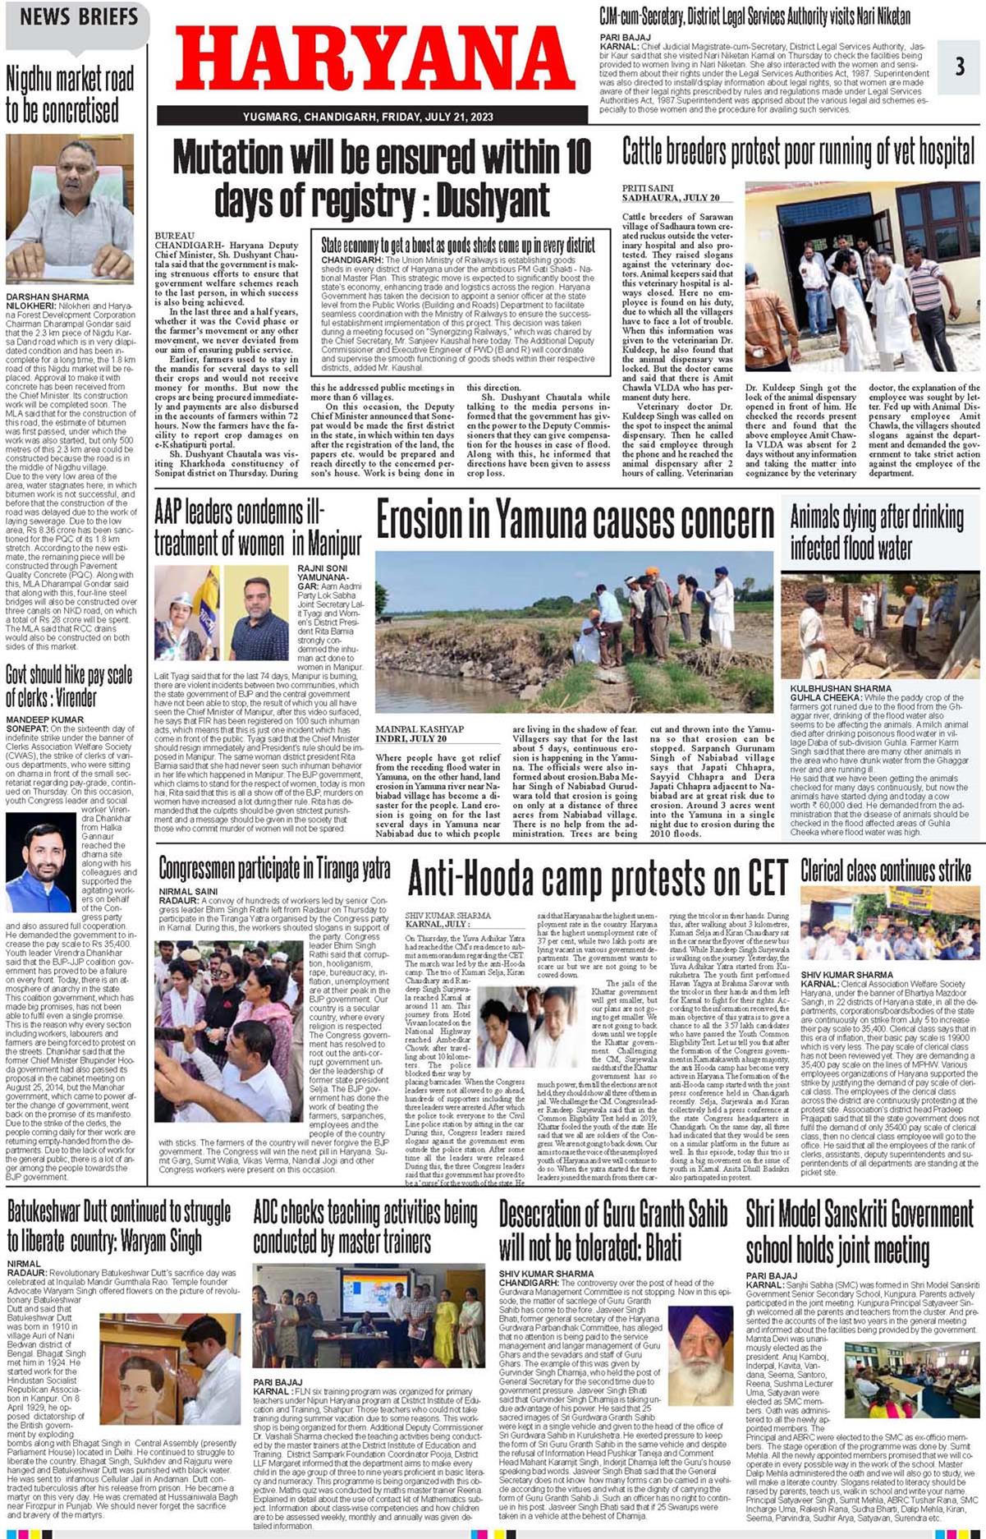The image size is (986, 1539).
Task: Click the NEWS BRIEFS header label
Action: [x=79, y=16]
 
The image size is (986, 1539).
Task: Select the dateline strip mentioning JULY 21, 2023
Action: [x=368, y=117]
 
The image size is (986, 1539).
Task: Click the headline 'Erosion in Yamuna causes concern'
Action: [x=575, y=521]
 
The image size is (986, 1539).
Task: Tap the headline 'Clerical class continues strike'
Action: [x=886, y=871]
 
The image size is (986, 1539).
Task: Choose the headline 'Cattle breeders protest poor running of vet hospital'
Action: [x=799, y=153]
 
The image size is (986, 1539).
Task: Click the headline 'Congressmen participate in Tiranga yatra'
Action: [x=274, y=869]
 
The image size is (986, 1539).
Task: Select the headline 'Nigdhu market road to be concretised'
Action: [x=70, y=94]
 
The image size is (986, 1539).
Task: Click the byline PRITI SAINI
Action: [x=648, y=189]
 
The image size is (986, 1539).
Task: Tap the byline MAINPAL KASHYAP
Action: [x=420, y=729]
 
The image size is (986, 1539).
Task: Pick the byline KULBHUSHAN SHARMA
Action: [x=841, y=688]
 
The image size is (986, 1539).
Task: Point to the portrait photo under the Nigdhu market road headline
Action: [x=69, y=209]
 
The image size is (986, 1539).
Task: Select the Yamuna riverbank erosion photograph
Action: [x=574, y=632]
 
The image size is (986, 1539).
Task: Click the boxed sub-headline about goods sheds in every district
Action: [x=458, y=245]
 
